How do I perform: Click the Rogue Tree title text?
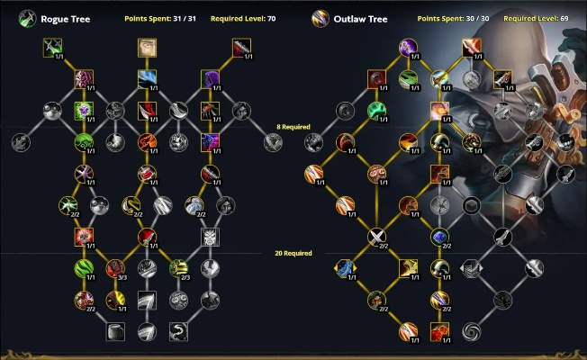(x=64, y=18)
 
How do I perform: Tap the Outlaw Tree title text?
(x=361, y=18)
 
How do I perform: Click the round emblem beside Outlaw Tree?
(x=320, y=18)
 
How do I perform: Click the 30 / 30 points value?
(x=480, y=18)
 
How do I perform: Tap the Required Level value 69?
(x=564, y=18)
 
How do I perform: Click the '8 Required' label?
(x=293, y=127)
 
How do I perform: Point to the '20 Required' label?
(x=293, y=253)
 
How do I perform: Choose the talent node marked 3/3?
(x=115, y=267)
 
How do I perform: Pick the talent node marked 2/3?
(x=178, y=267)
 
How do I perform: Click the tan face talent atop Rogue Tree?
(x=147, y=47)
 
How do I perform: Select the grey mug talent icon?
(x=115, y=331)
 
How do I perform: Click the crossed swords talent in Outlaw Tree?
(x=377, y=237)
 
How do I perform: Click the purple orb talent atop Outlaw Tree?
(x=408, y=47)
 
